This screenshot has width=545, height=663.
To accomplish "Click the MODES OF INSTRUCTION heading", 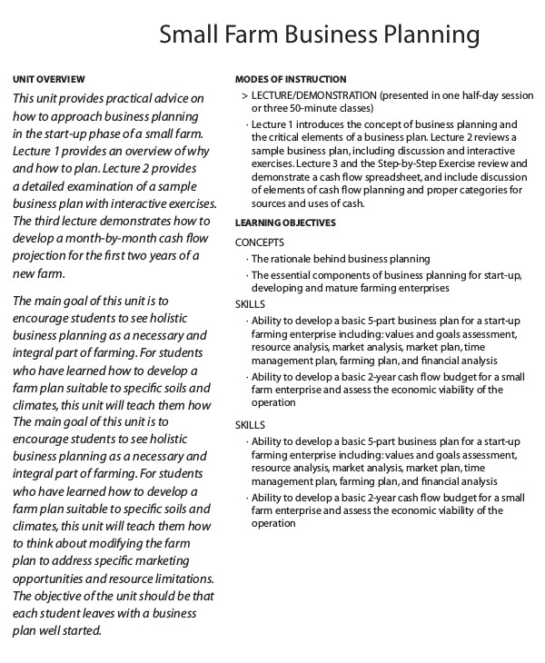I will (291, 80).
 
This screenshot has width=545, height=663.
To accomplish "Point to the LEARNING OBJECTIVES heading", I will (285, 223).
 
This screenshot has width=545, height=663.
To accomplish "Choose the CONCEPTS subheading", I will (260, 242).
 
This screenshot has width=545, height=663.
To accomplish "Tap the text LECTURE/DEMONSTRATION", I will (314, 95).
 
